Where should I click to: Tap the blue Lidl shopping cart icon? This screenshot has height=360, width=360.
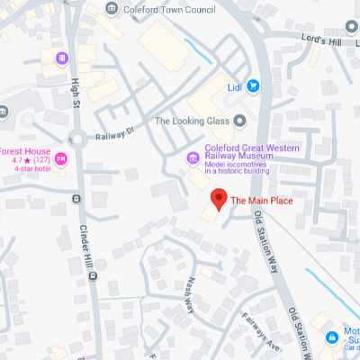click(x=253, y=86)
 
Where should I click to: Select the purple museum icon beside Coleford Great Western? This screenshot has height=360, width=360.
click(x=193, y=159)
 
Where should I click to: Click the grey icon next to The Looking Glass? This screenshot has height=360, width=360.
click(x=239, y=121)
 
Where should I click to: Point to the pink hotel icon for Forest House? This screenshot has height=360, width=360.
click(x=61, y=159)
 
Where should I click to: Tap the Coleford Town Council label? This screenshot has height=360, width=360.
click(x=163, y=9)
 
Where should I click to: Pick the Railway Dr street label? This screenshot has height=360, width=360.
click(x=115, y=133)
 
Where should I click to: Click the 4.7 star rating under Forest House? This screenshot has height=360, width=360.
click(x=26, y=159)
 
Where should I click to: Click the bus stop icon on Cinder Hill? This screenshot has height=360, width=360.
click(x=92, y=275)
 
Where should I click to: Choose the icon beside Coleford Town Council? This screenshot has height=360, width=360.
click(x=112, y=9)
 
